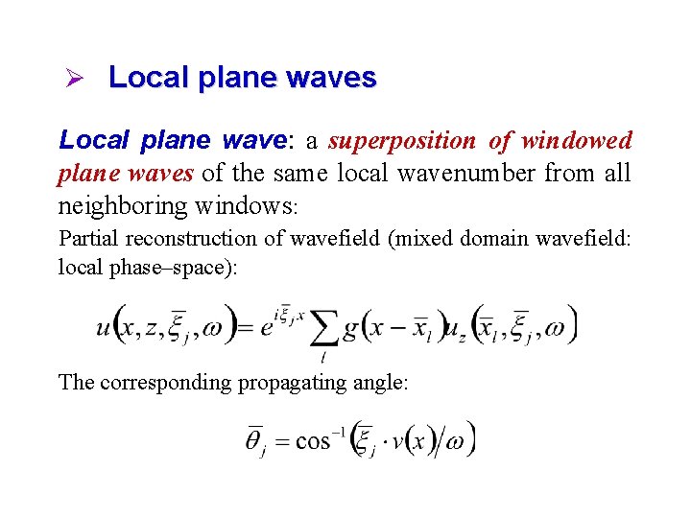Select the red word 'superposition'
[401, 141]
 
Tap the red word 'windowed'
[576, 141]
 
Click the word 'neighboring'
[124, 206]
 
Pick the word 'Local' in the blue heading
[149, 78]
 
